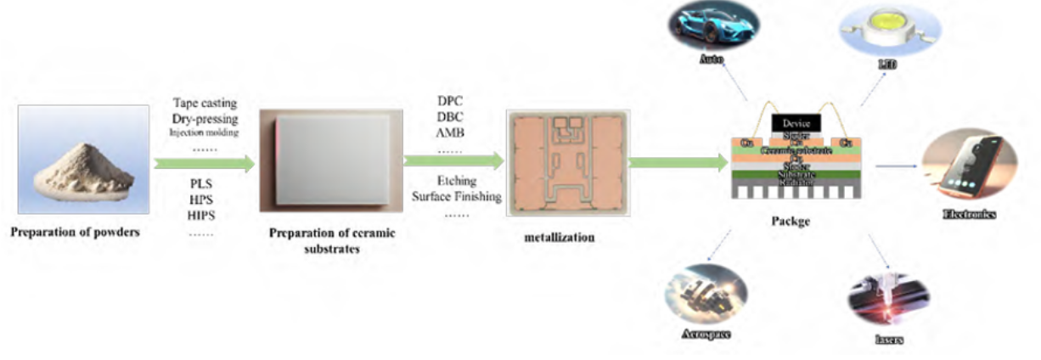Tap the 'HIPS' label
click(x=203, y=216)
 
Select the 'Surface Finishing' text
click(x=457, y=196)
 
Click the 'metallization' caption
click(x=560, y=238)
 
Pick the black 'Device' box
click(x=796, y=124)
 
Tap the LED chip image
click(x=880, y=27)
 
